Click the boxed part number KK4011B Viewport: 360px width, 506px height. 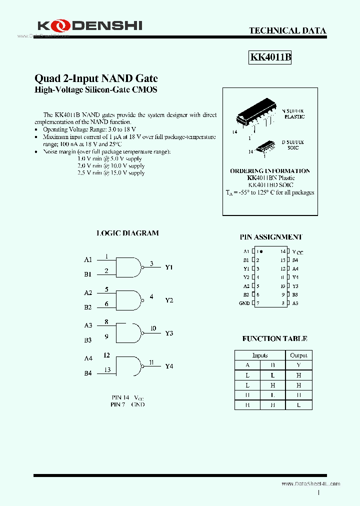tap(270, 57)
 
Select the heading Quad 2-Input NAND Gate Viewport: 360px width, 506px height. tap(96, 78)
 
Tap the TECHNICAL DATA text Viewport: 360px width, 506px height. tap(287, 30)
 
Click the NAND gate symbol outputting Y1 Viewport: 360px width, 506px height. tap(129, 267)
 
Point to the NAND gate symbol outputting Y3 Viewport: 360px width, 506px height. tap(128, 332)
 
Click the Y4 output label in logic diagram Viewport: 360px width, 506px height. tap(169, 366)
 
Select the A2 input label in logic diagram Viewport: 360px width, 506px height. tap(88, 292)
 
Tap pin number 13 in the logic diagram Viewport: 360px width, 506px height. tap(107, 370)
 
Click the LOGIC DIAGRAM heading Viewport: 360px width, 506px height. tap(127, 233)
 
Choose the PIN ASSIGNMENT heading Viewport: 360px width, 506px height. tap(271, 237)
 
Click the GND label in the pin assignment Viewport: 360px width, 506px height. tap(244, 303)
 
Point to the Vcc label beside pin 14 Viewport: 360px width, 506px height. tap(297, 252)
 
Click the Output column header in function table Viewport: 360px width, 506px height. tap(298, 355)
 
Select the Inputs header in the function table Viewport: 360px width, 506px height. tap(260, 355)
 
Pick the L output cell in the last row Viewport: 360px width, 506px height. tap(298, 405)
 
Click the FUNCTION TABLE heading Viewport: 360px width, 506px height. tap(274, 338)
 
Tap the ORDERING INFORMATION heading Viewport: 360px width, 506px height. tap(270, 171)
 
